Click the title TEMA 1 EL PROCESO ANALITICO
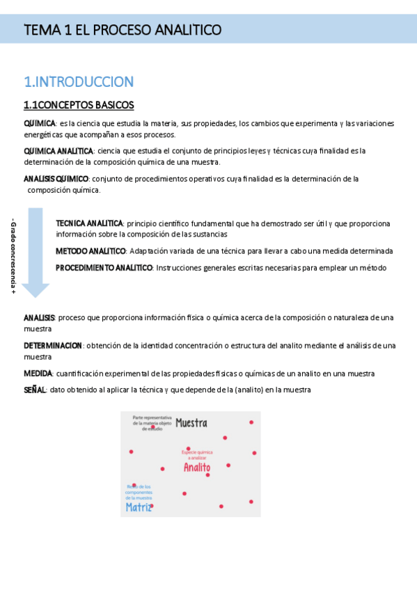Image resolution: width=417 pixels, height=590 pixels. click(123, 30)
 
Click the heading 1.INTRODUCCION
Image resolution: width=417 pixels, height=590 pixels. click(78, 82)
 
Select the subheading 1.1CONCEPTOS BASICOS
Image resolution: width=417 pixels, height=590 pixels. click(78, 105)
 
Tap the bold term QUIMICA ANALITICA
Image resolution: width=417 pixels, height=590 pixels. click(58, 151)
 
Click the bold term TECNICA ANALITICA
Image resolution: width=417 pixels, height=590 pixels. click(89, 223)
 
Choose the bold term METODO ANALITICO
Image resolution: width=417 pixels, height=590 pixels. click(91, 250)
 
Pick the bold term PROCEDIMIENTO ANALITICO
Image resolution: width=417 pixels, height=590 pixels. click(104, 267)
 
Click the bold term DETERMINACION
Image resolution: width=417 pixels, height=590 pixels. click(53, 345)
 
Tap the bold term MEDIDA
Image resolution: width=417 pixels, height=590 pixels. click(38, 374)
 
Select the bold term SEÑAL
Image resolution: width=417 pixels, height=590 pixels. click(35, 390)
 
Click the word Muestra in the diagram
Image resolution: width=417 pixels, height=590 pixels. click(191, 423)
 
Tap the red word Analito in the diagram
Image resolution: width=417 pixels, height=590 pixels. click(196, 468)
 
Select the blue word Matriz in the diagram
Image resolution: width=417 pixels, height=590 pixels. click(139, 507)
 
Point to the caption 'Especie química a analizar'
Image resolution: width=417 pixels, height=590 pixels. click(197, 454)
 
